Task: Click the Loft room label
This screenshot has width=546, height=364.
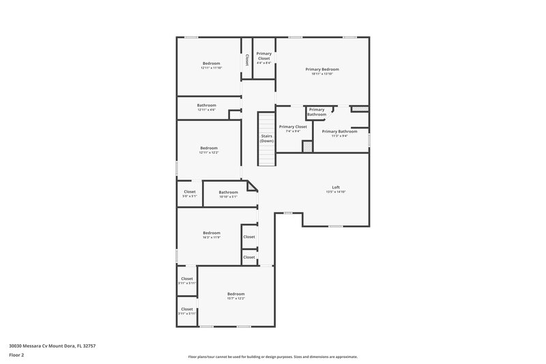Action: coord(336,187)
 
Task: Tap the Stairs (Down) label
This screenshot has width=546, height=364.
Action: coord(267,138)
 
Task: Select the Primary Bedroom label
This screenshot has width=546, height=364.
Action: coord(322,69)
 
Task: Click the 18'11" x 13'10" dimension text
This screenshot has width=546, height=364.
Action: coord(322,74)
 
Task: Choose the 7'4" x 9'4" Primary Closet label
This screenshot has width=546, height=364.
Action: coord(293,126)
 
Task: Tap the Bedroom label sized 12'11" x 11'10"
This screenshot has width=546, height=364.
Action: coord(212,64)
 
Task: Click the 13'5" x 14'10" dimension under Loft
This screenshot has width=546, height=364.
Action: coord(336,192)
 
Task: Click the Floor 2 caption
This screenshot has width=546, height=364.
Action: coord(16,355)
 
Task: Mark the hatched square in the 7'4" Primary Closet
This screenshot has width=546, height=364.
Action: coord(307,146)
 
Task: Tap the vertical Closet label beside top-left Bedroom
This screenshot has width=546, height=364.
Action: coord(246,60)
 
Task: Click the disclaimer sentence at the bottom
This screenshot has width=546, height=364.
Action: coord(273,356)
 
